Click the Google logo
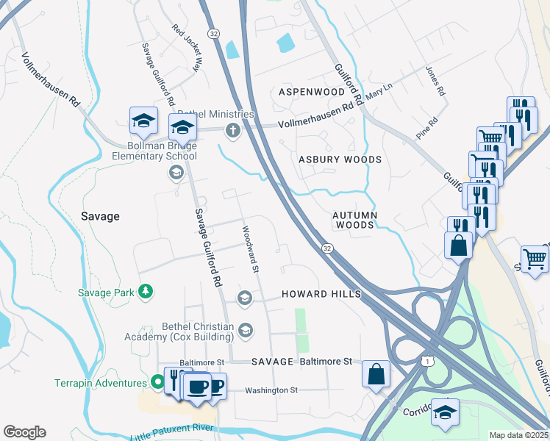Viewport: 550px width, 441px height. tap(25, 432)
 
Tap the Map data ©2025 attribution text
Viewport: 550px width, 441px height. tap(518, 435)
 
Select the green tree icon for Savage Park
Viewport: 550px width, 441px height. tap(146, 293)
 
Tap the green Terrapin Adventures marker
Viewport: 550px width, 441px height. tap(157, 382)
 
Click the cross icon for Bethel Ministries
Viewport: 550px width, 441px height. tap(233, 132)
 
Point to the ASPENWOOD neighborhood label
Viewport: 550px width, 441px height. tap(311, 92)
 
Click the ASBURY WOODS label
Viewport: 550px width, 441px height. tap(340, 159)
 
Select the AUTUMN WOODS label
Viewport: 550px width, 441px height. tap(354, 220)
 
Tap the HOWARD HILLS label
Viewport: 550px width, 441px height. tap(321, 294)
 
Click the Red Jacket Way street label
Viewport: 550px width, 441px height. tap(186, 47)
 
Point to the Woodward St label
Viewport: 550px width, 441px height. tap(251, 248)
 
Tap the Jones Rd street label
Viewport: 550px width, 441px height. tap(435, 82)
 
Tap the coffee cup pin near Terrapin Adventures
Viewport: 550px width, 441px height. tap(196, 387)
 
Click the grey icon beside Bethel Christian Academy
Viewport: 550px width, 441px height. tap(245, 331)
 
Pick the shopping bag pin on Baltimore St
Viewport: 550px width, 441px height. tap(376, 373)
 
